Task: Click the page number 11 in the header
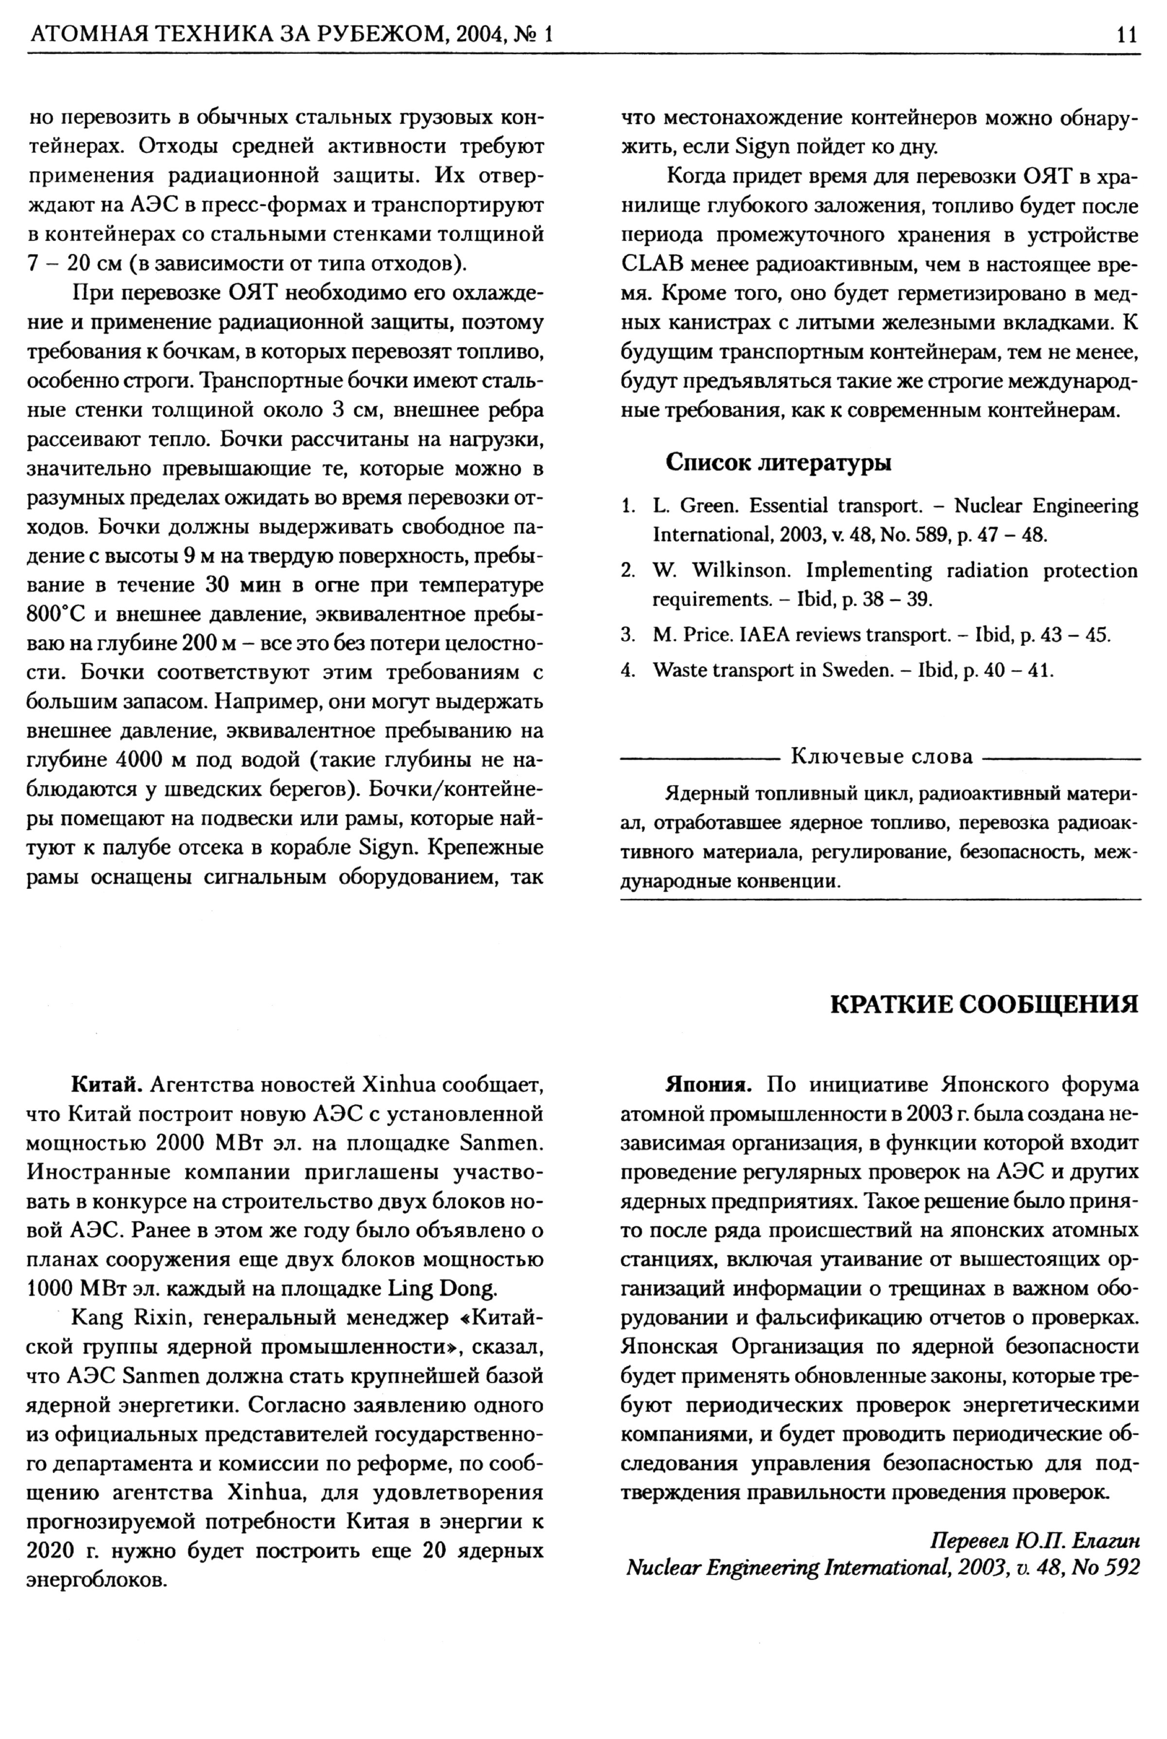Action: pos(1127,35)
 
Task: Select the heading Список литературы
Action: pos(778,463)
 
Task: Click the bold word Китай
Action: pos(106,1085)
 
